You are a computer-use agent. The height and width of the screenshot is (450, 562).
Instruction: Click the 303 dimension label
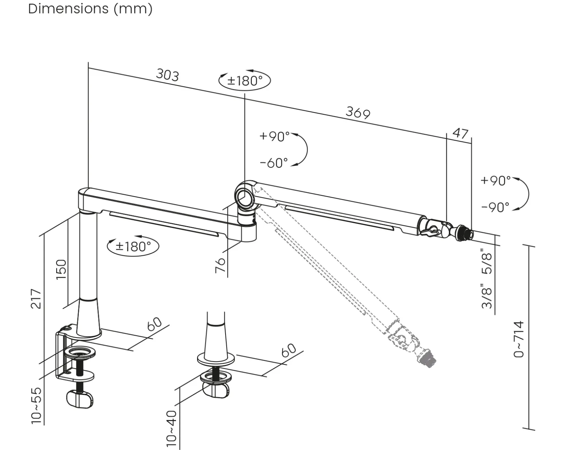point(168,75)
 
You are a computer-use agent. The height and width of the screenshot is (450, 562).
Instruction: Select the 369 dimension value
point(358,113)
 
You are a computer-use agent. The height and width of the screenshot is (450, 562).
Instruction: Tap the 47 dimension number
point(461,133)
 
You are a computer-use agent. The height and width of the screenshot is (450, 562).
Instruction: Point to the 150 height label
point(62,269)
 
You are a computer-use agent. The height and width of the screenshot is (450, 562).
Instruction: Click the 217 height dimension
point(36,299)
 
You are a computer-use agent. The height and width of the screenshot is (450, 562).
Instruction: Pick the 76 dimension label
point(220,266)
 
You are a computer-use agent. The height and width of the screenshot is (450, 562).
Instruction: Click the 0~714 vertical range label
point(519,339)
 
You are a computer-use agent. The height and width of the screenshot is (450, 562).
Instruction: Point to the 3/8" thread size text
point(487,296)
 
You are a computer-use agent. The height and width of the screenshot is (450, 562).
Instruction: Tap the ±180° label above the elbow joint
point(245,81)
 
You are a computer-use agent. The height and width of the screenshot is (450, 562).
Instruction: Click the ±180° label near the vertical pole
point(133,246)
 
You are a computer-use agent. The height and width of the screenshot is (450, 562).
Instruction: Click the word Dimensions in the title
point(68,9)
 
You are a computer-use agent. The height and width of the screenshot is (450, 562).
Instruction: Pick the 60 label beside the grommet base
point(289,350)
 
